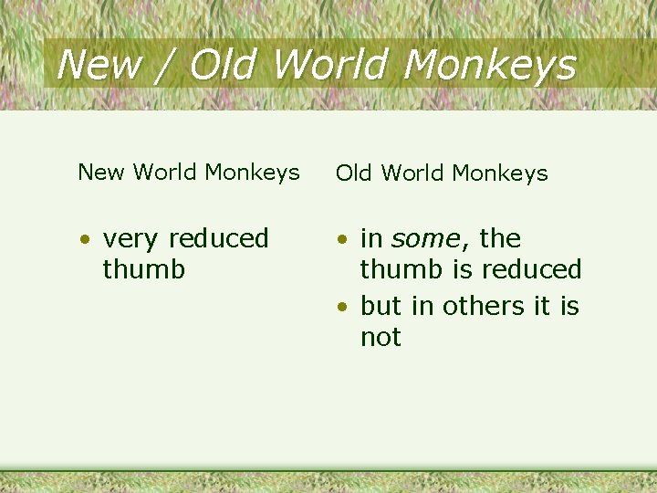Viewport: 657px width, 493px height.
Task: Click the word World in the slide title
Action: pos(332,66)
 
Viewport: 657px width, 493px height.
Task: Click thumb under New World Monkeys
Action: pos(144,269)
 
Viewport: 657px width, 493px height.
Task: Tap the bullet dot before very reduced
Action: pos(84,240)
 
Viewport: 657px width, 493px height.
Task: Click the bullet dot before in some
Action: pos(341,240)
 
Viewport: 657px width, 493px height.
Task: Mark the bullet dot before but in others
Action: pos(341,308)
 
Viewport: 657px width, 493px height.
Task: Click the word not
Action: pos(381,337)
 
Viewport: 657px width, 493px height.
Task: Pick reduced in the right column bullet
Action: pos(532,269)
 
